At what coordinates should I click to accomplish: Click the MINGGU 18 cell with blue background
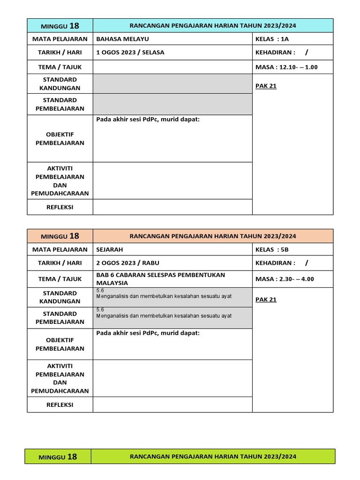(60, 26)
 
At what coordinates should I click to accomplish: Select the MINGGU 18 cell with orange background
(60, 236)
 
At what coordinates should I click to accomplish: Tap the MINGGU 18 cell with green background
(58, 457)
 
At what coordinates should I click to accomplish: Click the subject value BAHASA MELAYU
(122, 39)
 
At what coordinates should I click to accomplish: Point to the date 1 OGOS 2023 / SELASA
(130, 52)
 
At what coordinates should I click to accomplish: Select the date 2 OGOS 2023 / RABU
(127, 263)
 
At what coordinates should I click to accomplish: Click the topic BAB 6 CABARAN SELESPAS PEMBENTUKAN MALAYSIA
(160, 279)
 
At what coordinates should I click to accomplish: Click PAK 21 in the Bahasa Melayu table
(266, 86)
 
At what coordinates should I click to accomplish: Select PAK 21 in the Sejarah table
(266, 300)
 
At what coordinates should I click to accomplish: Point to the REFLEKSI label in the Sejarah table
(60, 405)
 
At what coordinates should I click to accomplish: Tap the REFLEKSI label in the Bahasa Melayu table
(60, 207)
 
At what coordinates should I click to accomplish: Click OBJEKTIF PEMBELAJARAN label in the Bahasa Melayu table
(60, 139)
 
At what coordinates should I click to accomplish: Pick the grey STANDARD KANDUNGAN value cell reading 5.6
(172, 297)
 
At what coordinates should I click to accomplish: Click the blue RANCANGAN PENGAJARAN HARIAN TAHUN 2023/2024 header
(213, 26)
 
